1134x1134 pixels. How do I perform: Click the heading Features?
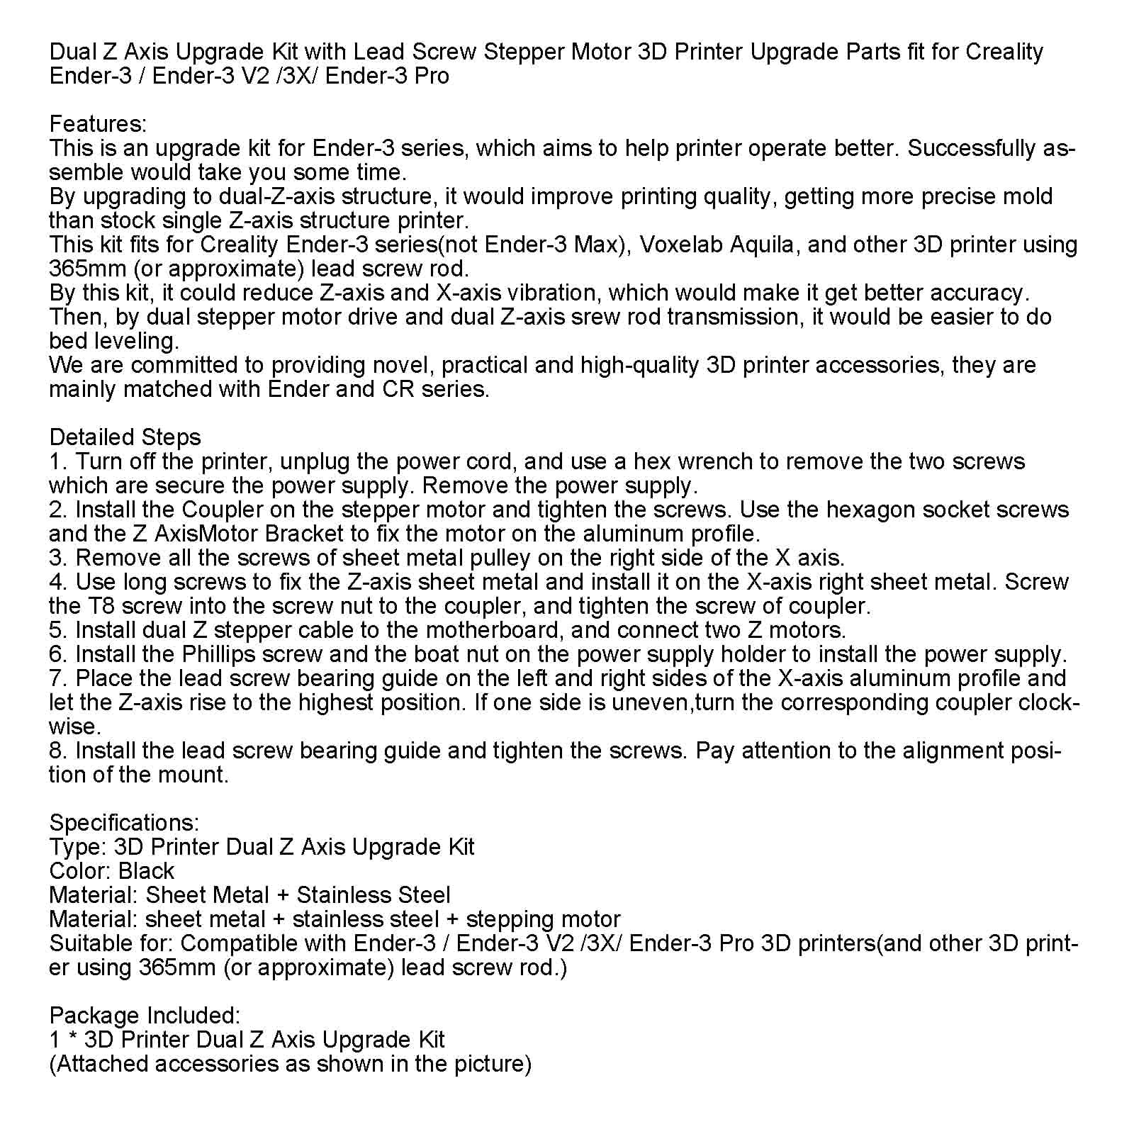tap(98, 124)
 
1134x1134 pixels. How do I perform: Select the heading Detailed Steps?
tap(125, 437)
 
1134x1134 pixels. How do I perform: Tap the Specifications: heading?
tap(124, 823)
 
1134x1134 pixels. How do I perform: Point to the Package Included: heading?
tap(145, 1016)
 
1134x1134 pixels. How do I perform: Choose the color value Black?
tap(146, 871)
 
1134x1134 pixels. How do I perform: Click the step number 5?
tap(56, 630)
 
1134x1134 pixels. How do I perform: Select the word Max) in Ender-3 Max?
tap(602, 245)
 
